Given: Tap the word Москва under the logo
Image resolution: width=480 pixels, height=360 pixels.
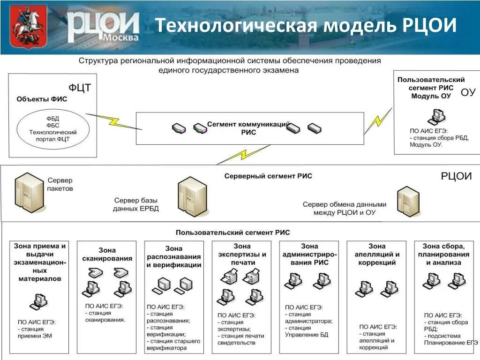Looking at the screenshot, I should (121, 37).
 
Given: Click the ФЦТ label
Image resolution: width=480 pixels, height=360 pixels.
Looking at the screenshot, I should (80, 88).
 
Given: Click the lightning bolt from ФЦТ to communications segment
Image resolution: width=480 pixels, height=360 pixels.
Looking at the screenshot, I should (114, 120).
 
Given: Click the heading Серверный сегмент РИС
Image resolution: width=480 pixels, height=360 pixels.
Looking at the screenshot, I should (268, 176).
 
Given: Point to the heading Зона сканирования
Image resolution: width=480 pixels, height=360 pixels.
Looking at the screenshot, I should (107, 254).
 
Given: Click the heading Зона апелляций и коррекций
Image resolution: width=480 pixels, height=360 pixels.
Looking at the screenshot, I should (377, 254).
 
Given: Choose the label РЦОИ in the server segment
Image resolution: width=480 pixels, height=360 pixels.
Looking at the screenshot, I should (456, 176).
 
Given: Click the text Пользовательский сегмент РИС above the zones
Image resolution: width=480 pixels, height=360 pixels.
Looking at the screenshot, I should (232, 232).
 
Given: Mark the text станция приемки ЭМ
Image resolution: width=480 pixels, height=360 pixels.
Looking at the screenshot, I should (37, 332).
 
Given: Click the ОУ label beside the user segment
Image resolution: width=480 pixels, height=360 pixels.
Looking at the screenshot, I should (468, 92).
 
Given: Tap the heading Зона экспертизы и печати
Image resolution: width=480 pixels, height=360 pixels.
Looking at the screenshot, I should (242, 254).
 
